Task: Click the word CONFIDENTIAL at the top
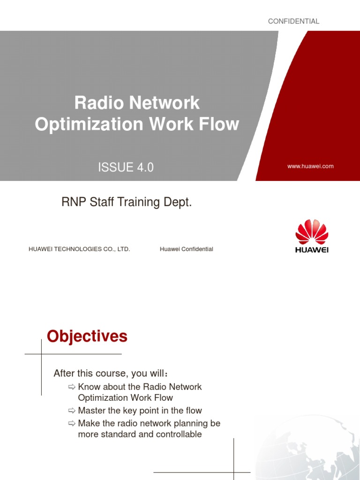pyautogui.click(x=293, y=21)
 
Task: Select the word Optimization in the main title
pyautogui.click(x=89, y=124)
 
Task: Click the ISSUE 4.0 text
pyautogui.click(x=126, y=167)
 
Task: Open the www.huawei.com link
pyautogui.click(x=311, y=166)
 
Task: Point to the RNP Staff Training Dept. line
pyautogui.click(x=127, y=203)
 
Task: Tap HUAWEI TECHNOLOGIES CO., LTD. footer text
pyautogui.click(x=79, y=249)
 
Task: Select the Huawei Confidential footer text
pyautogui.click(x=186, y=249)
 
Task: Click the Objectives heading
pyautogui.click(x=87, y=336)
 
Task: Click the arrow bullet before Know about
pyautogui.click(x=71, y=387)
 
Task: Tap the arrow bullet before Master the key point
pyautogui.click(x=71, y=411)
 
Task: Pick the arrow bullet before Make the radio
pyautogui.click(x=71, y=423)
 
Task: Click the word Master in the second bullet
pyautogui.click(x=92, y=411)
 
